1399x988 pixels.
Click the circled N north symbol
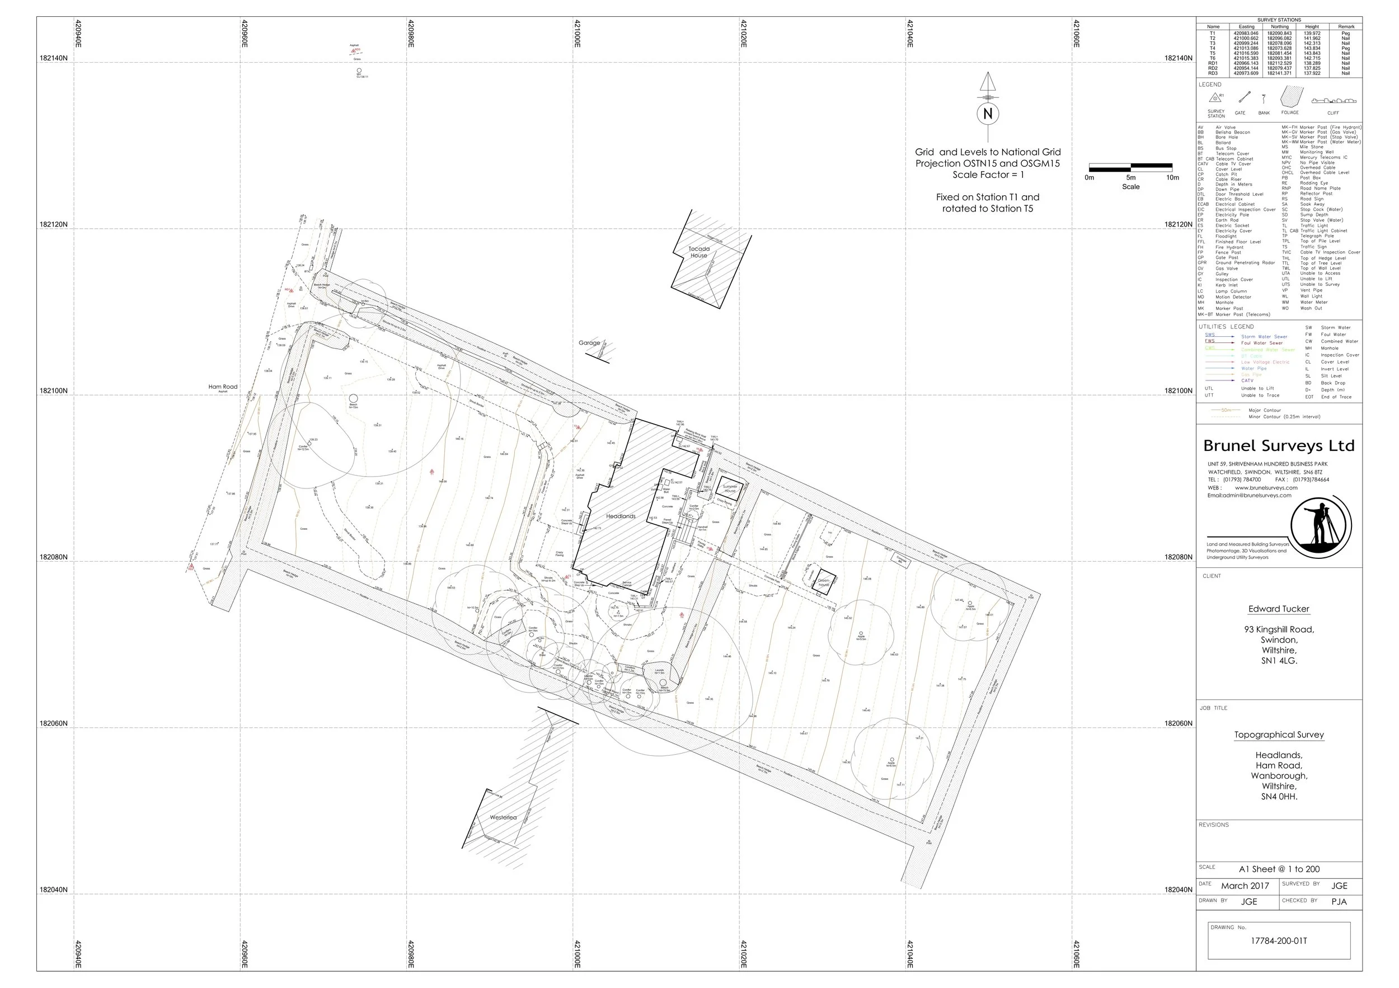pos(988,114)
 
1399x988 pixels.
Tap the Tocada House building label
pos(699,252)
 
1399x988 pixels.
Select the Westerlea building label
pos(503,817)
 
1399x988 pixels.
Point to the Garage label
pos(589,343)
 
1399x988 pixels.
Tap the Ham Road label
pos(223,387)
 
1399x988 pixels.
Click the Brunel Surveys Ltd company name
pos(1278,446)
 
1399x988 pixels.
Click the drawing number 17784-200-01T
pos(1279,940)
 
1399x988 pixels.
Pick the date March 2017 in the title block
pos(1245,886)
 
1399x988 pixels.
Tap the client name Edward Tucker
pos(1278,609)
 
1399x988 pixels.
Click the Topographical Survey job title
pos(1279,735)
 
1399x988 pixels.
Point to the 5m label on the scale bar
pos(1131,178)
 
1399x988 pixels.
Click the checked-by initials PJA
pos(1339,901)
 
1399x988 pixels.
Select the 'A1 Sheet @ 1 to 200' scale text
pos(1279,869)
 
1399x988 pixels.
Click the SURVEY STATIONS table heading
pos(1279,20)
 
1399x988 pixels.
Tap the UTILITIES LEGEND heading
pos(1226,327)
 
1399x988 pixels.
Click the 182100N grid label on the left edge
pos(54,391)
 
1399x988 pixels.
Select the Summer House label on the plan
pos(730,488)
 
